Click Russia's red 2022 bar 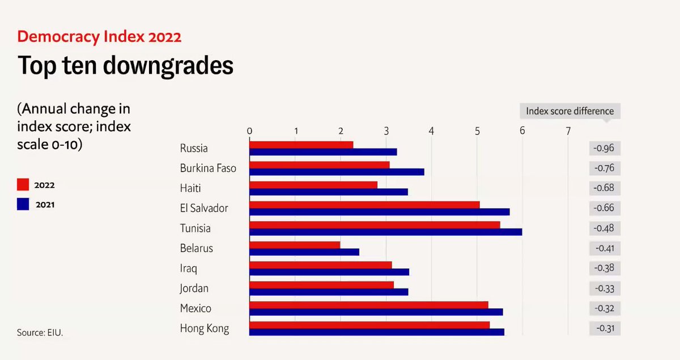click(301, 145)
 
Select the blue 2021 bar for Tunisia click(385, 232)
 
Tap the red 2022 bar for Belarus click(295, 244)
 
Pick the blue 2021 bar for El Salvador click(379, 212)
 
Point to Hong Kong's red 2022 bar click(369, 325)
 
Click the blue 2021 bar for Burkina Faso click(337, 172)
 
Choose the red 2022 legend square click(23, 185)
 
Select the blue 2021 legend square click(23, 205)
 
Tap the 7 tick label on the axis click(568, 131)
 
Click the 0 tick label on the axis click(249, 131)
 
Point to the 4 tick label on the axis click(431, 131)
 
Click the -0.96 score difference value click(604, 149)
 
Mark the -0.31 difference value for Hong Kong click(604, 328)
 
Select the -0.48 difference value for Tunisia click(604, 228)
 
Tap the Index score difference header click(569, 111)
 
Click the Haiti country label click(190, 188)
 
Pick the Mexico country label click(195, 308)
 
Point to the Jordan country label click(194, 288)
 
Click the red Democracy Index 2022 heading click(99, 37)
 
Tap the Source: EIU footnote click(40, 333)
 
